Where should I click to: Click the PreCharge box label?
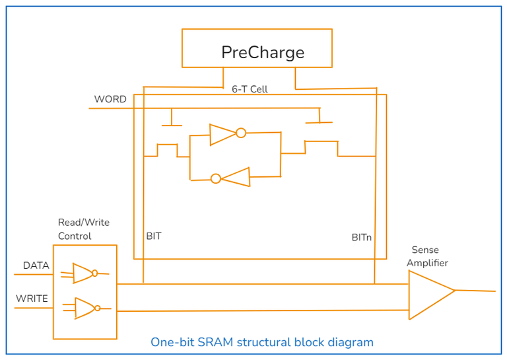click(x=263, y=52)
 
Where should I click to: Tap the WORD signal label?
click(x=110, y=99)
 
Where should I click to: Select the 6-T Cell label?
click(x=250, y=89)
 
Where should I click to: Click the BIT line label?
click(x=154, y=236)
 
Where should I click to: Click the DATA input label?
click(x=36, y=266)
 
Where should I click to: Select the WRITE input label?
click(x=32, y=299)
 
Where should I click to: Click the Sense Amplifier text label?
click(x=427, y=256)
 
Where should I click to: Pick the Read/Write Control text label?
click(x=84, y=230)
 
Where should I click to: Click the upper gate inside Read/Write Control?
click(x=84, y=273)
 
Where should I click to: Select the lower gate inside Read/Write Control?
click(x=86, y=308)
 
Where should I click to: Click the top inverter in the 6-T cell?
click(x=222, y=133)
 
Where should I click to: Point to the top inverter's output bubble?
click(x=241, y=133)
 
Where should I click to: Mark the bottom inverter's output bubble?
click(x=216, y=178)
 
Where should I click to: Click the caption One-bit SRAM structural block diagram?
click(x=262, y=342)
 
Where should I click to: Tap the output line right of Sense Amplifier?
click(x=475, y=291)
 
